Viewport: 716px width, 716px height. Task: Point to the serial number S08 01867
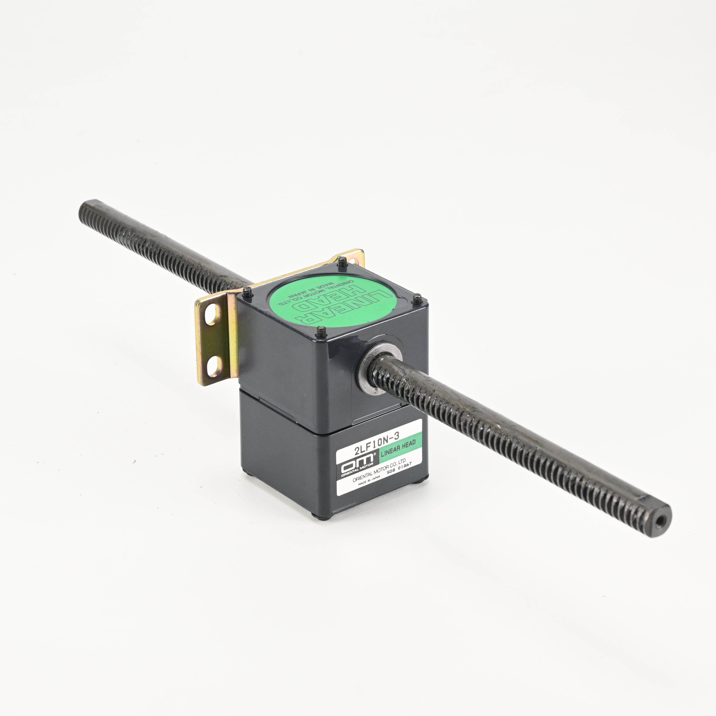coord(399,469)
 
